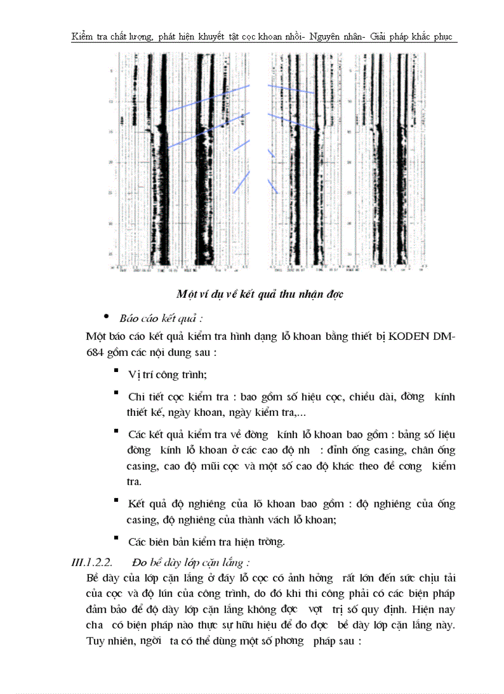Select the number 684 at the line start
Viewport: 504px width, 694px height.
coord(98,352)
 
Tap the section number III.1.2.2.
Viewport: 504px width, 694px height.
coord(92,562)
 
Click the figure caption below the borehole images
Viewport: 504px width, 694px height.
coord(259,294)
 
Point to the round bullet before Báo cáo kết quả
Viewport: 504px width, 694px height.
coord(106,317)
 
